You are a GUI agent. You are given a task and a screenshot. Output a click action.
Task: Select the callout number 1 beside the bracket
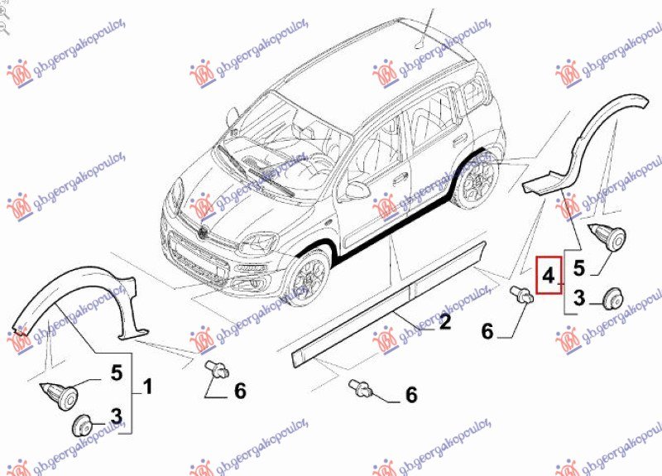[147, 387]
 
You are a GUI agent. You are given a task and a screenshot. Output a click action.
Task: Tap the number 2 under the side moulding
[444, 322]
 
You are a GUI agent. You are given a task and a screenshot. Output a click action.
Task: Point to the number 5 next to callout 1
[117, 373]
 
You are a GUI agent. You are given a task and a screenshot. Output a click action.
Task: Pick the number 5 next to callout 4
[579, 267]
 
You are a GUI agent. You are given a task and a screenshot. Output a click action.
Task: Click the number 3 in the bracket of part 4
[579, 297]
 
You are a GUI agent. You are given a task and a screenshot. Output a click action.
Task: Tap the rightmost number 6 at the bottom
[411, 396]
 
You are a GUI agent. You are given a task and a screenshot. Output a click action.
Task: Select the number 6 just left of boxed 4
[487, 332]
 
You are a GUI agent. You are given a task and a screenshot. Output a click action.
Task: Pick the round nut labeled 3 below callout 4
[613, 297]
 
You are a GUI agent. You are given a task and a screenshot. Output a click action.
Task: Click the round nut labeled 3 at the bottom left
[80, 426]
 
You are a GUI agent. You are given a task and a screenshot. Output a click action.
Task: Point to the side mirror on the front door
[357, 190]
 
